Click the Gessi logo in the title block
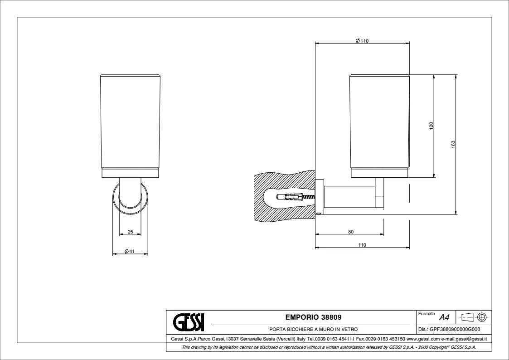[x=189, y=322]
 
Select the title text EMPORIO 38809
[x=313, y=317]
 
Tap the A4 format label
[x=444, y=317]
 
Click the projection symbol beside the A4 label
[x=474, y=316]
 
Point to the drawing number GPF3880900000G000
[x=455, y=329]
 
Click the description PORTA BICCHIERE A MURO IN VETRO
[x=313, y=329]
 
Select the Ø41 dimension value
[x=129, y=251]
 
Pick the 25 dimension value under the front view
[x=130, y=232]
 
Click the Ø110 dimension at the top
[x=362, y=41]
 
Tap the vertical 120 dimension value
[x=431, y=126]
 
